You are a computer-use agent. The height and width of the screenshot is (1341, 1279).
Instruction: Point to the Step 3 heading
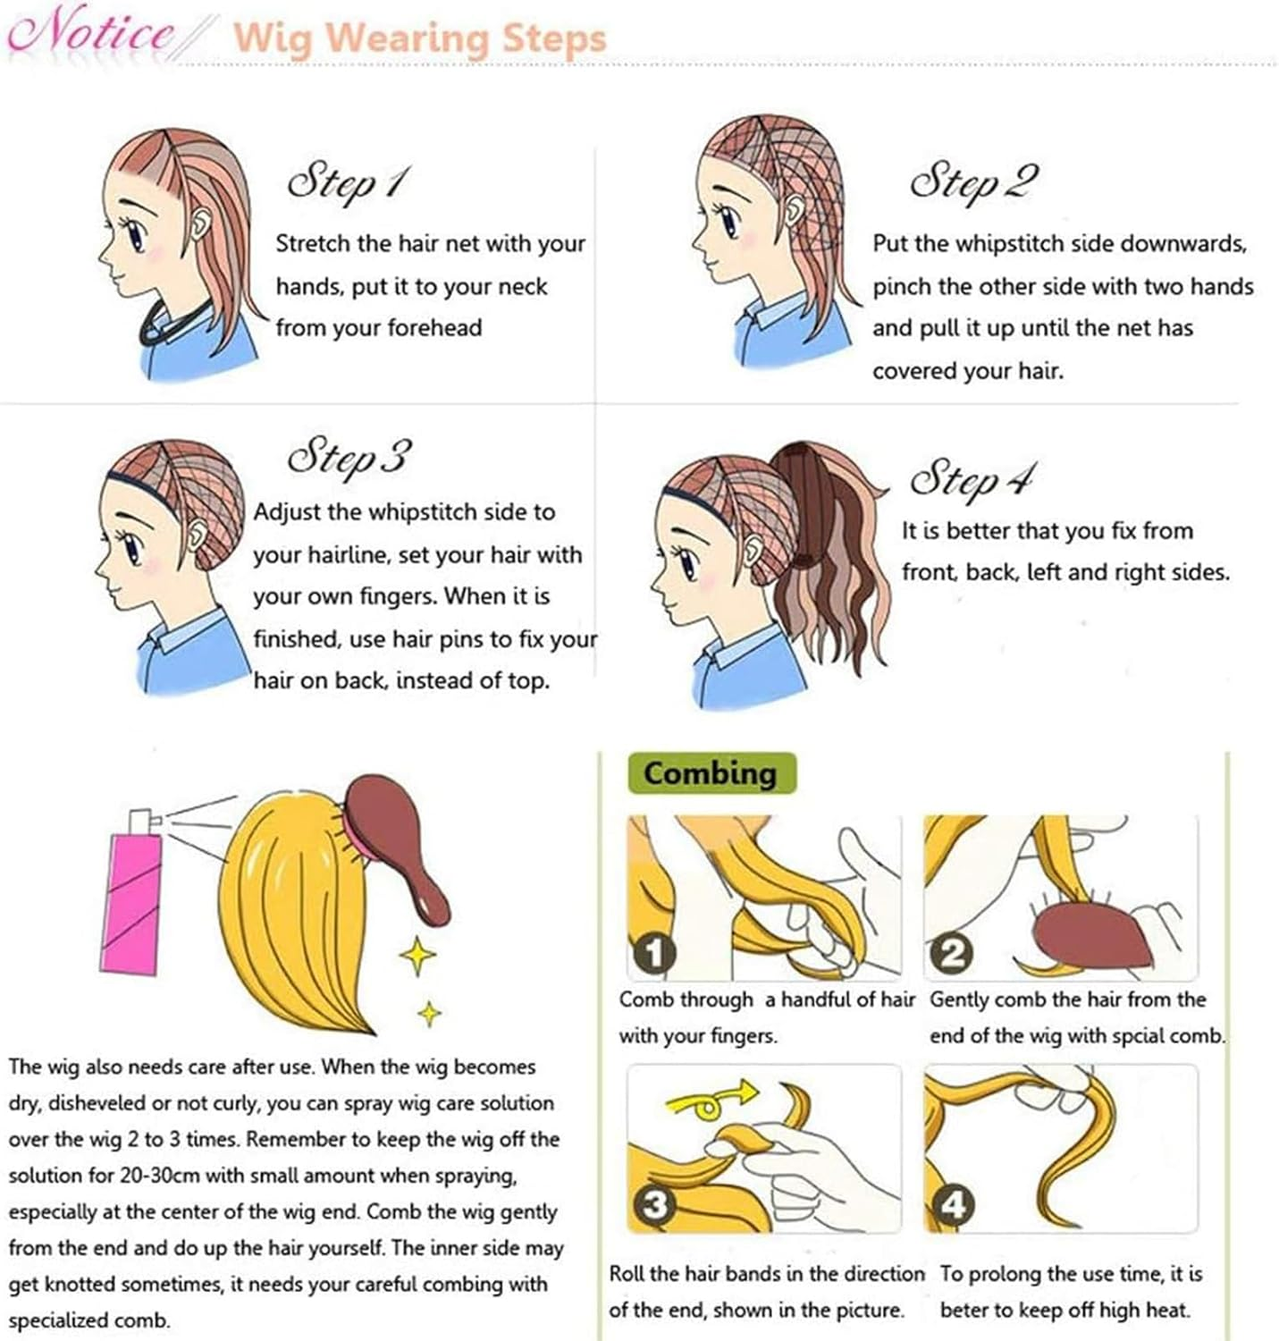point(349,456)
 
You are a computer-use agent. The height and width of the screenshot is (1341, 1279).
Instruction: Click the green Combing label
point(711,772)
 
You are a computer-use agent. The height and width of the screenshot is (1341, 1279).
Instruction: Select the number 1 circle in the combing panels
point(653,953)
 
